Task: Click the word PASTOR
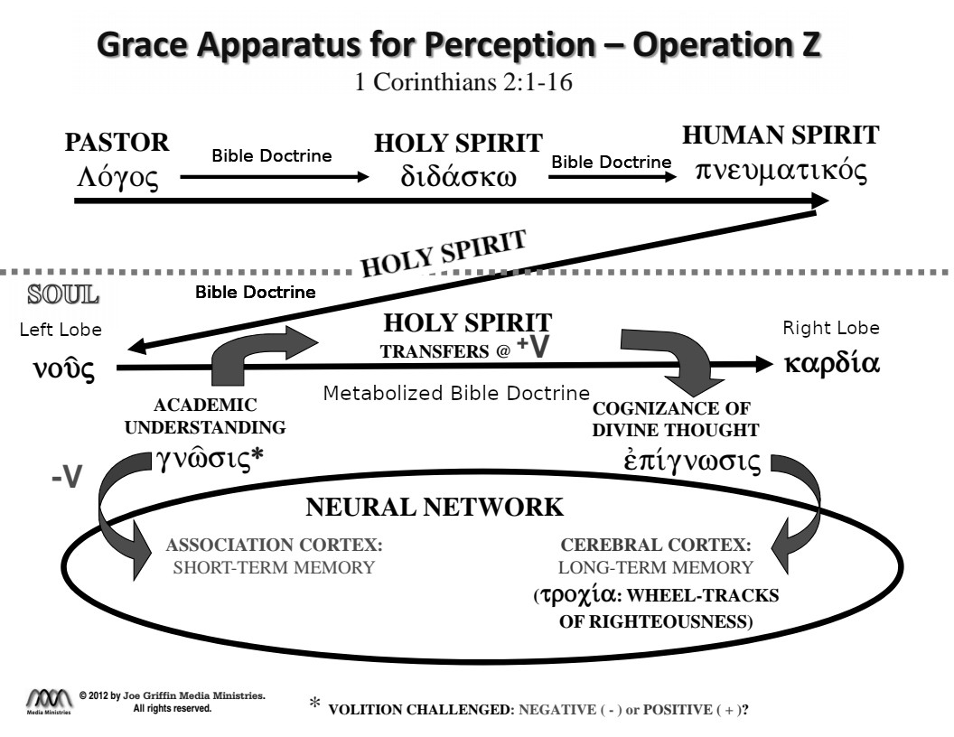pos(117,142)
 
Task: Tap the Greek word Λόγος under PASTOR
pos(119,176)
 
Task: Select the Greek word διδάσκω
pos(458,176)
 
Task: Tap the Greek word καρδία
pos(831,365)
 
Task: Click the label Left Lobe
pos(61,331)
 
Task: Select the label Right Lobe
pos(830,328)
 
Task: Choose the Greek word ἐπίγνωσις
pos(689,461)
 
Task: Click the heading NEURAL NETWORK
pos(435,508)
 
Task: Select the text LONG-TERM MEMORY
pos(656,567)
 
